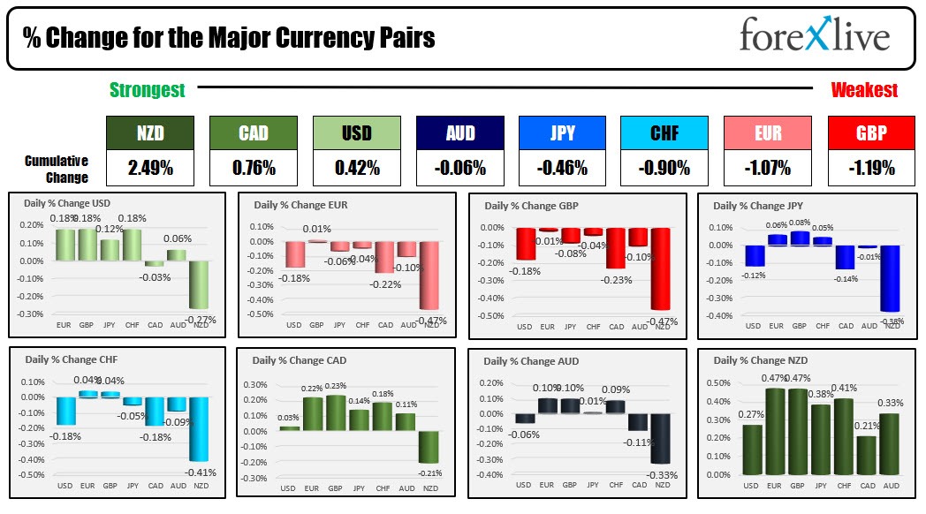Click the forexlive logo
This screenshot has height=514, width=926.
(x=814, y=37)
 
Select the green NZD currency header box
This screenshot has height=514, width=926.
(x=149, y=133)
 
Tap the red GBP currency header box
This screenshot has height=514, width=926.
(x=871, y=133)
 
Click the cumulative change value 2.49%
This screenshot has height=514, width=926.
(x=149, y=167)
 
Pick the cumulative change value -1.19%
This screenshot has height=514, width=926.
(x=871, y=167)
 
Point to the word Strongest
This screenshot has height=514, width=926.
(x=148, y=90)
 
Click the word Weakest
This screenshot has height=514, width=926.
(x=864, y=90)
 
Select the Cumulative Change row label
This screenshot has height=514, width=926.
(x=57, y=169)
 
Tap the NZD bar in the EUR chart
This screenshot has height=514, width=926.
(x=430, y=275)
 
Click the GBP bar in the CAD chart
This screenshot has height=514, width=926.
(x=336, y=412)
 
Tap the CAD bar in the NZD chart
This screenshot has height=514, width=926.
(x=867, y=455)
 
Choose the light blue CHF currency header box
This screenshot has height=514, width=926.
(x=664, y=133)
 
